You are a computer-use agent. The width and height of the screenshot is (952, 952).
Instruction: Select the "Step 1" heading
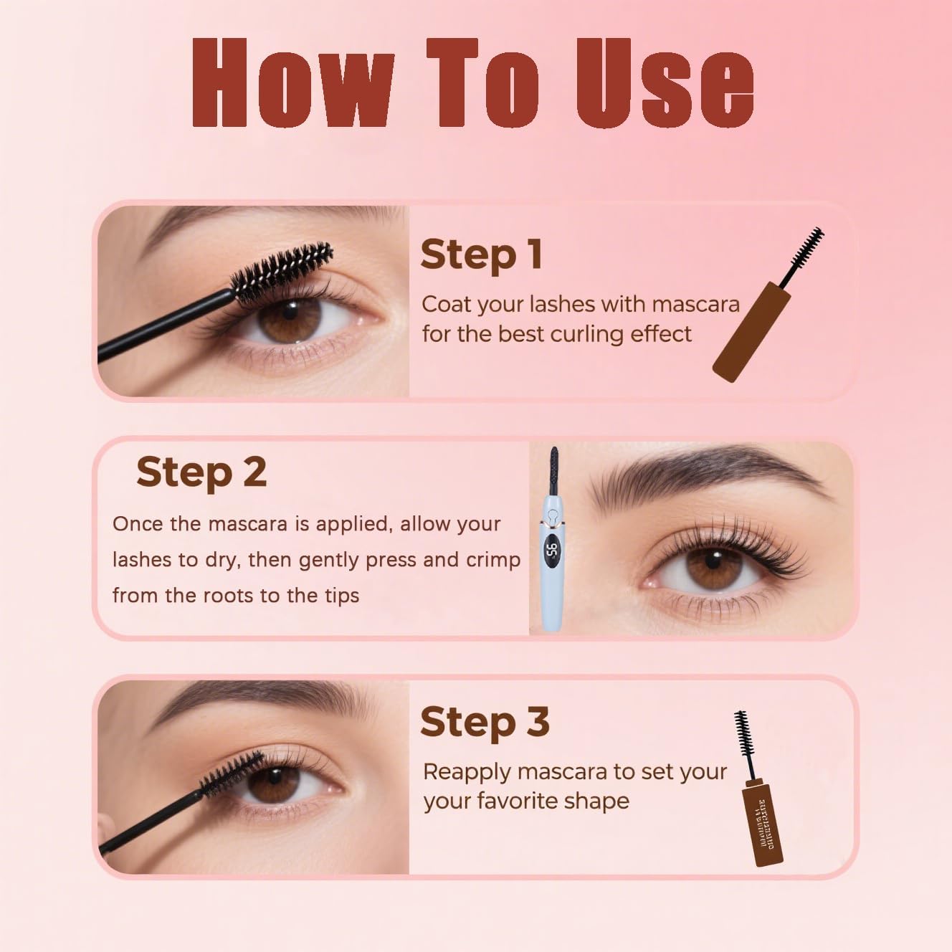click(x=481, y=254)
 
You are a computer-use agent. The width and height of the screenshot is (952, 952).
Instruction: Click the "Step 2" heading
click(x=201, y=472)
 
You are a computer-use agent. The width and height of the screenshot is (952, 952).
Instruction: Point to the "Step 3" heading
click(x=485, y=722)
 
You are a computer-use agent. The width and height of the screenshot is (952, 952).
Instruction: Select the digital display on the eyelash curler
click(x=552, y=551)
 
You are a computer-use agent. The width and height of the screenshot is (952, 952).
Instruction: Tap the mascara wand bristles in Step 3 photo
click(x=231, y=771)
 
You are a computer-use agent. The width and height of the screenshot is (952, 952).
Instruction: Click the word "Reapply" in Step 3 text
click(x=466, y=772)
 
